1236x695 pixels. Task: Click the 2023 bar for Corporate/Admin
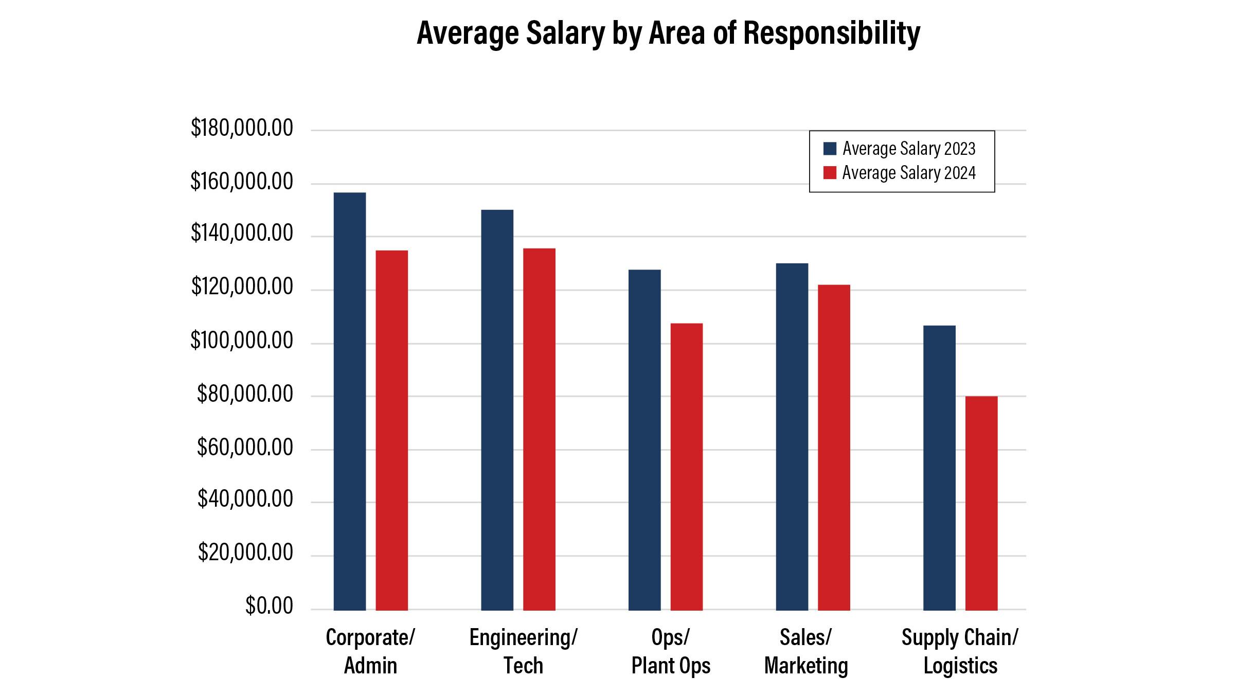[x=350, y=401]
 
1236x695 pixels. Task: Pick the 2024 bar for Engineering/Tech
[x=539, y=429]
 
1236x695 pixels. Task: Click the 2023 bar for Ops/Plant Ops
[x=644, y=440]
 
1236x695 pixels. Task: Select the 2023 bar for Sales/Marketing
[x=792, y=437]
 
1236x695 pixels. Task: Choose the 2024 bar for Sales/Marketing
[x=834, y=448]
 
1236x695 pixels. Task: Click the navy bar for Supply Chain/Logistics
[x=939, y=468]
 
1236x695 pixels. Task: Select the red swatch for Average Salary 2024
[x=830, y=173]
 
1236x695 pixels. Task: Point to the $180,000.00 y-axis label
[x=242, y=128]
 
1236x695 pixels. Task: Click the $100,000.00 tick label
[x=242, y=341]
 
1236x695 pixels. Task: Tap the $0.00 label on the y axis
[x=269, y=606]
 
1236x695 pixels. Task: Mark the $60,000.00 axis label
[x=245, y=448]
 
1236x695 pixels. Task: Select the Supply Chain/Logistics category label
[x=960, y=651]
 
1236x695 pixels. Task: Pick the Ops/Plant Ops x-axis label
[x=671, y=651]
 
